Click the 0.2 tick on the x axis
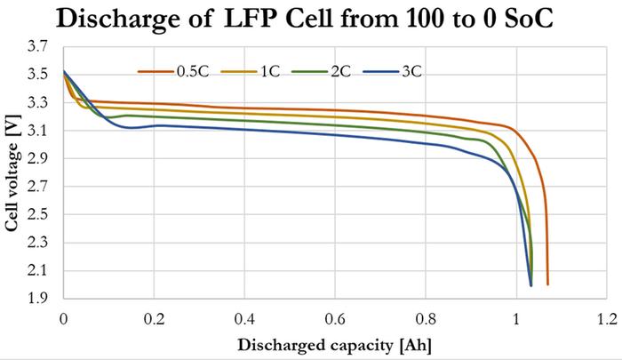click(154, 318)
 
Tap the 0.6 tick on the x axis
click(335, 318)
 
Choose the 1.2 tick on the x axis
click(607, 318)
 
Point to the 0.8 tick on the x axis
click(426, 318)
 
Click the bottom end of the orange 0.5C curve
click(548, 284)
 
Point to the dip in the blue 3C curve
click(132, 127)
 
